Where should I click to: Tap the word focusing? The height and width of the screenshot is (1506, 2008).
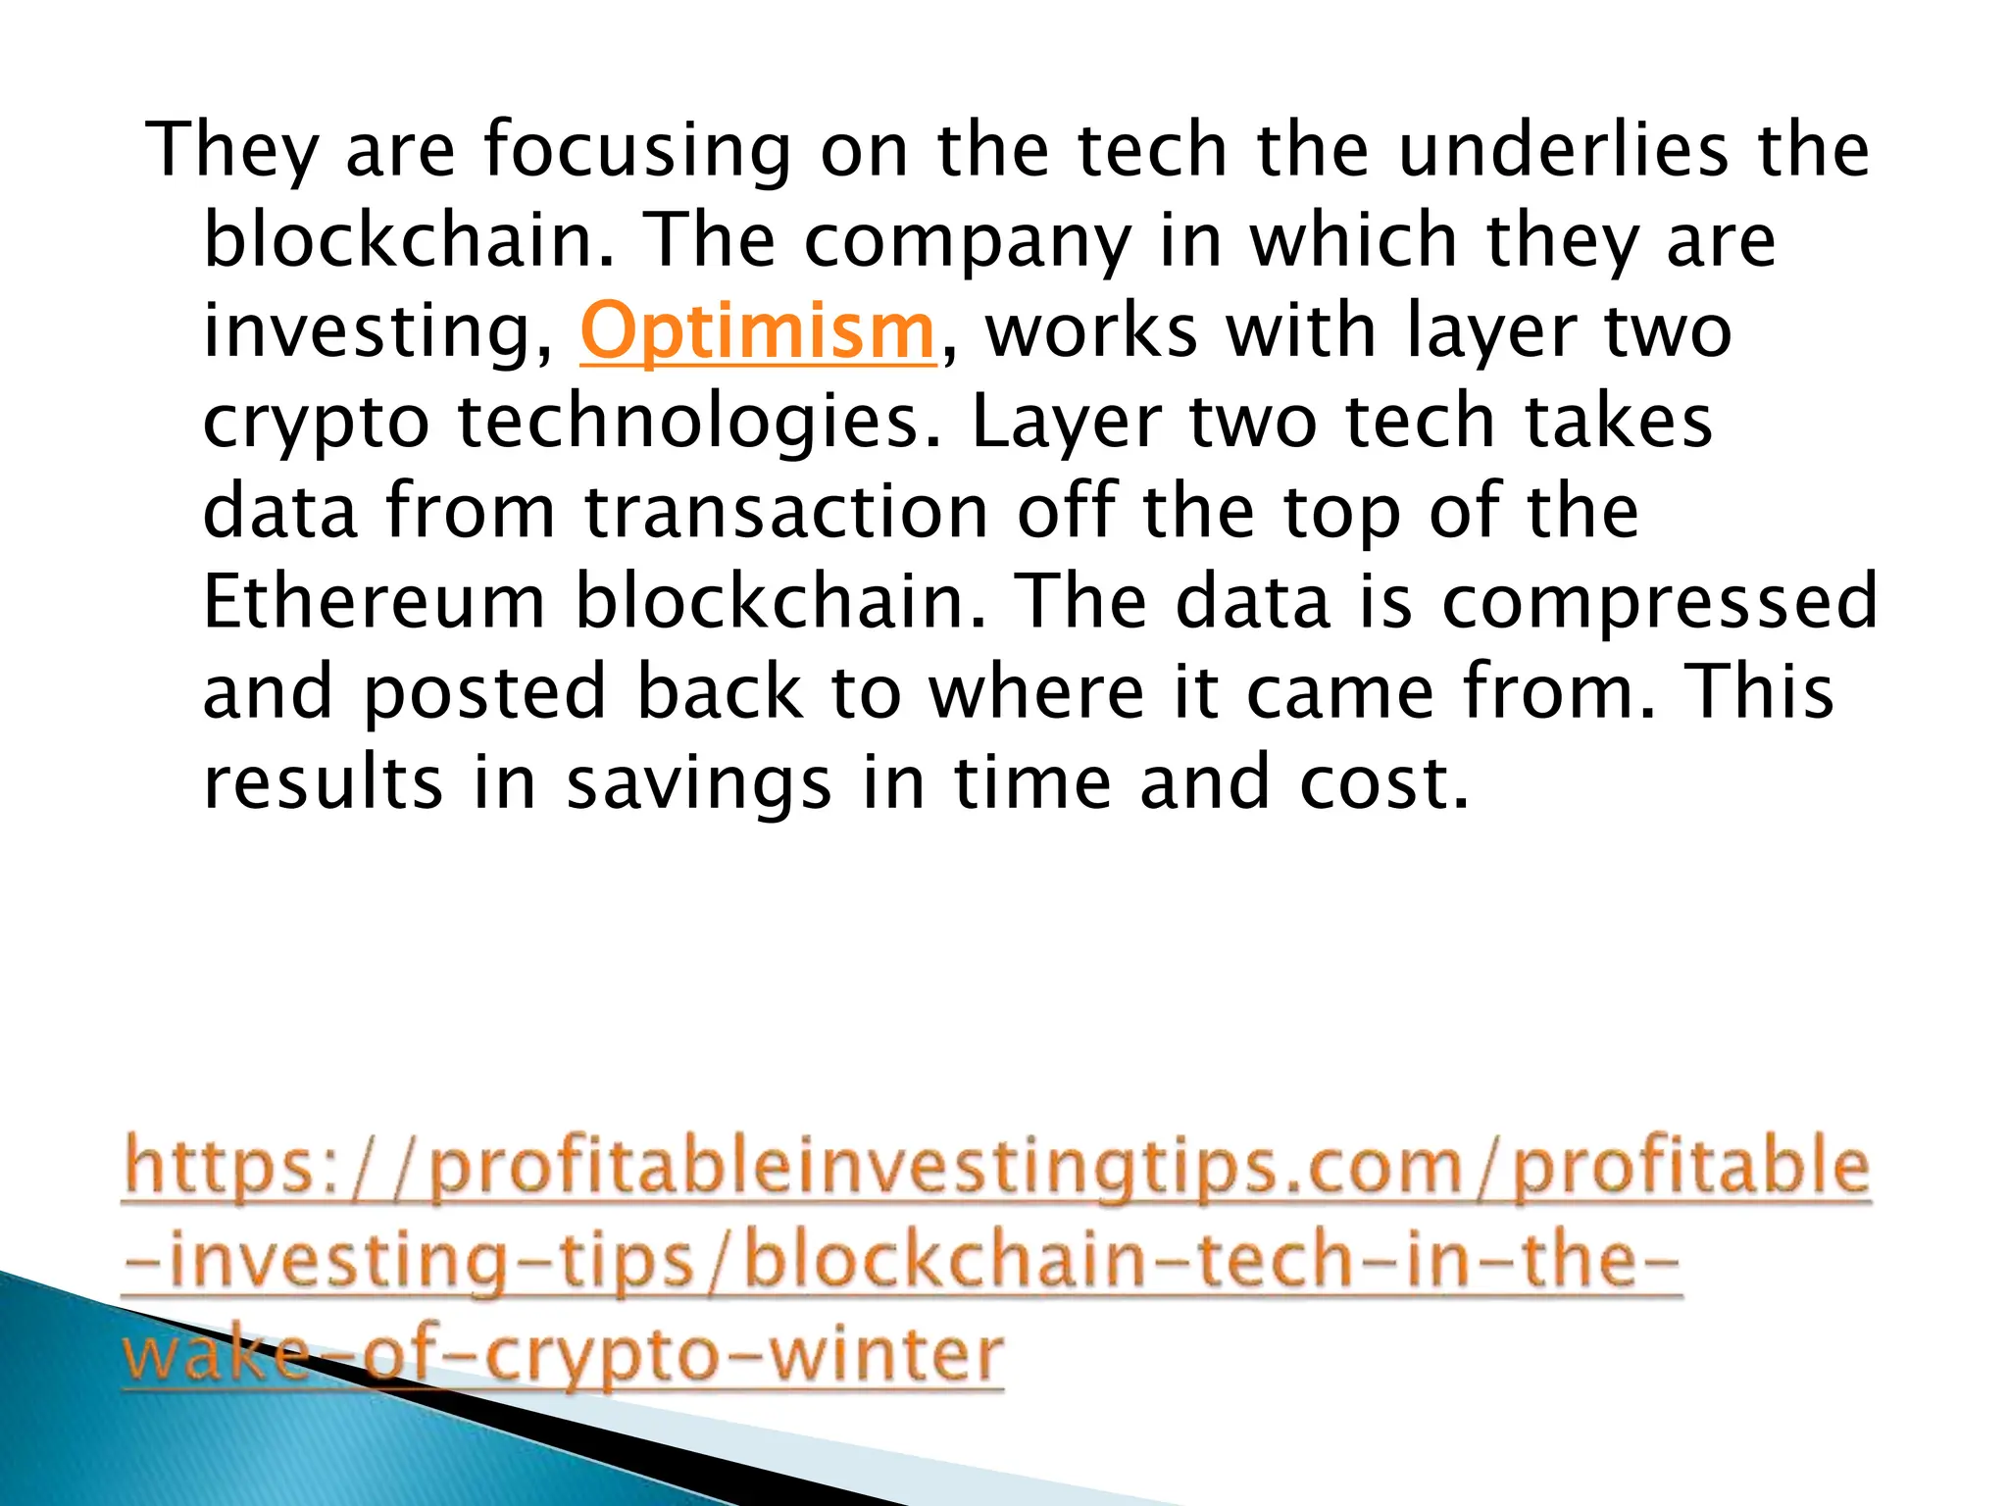(x=636, y=152)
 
